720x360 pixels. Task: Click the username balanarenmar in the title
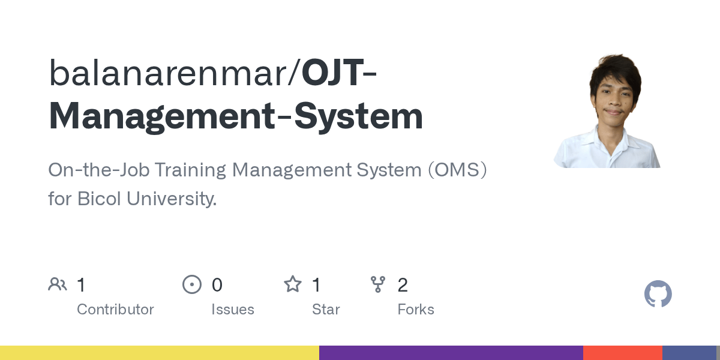tap(167, 73)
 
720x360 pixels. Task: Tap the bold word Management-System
tap(236, 117)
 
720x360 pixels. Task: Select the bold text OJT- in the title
tap(339, 73)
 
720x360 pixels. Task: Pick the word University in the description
tap(172, 199)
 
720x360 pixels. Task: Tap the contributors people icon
tap(58, 284)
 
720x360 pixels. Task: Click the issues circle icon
tap(192, 284)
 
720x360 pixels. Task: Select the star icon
tap(293, 284)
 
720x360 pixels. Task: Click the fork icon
tap(377, 284)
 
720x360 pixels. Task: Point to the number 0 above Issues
tap(217, 285)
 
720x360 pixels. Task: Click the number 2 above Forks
tap(403, 285)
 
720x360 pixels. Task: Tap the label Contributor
tap(115, 310)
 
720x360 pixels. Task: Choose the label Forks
tap(416, 310)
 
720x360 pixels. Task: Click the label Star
tap(326, 310)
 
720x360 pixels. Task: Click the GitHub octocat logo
tap(658, 294)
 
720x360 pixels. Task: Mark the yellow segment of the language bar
tap(160, 353)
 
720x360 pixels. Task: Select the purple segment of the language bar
tap(451, 353)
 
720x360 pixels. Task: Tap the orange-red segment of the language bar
tap(623, 353)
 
